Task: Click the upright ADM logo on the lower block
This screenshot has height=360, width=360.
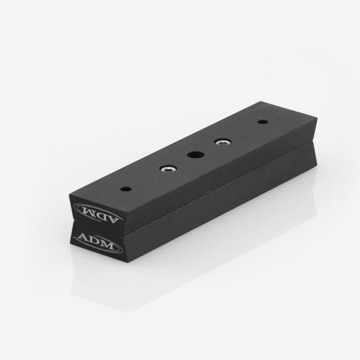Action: (x=98, y=242)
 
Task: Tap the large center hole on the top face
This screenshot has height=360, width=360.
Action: (x=196, y=154)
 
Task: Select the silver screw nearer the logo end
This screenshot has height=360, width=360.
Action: (x=169, y=169)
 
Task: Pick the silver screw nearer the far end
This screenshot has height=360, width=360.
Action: (x=223, y=141)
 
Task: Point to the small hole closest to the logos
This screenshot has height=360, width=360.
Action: (x=127, y=189)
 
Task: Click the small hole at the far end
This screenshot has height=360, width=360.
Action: (x=263, y=122)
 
